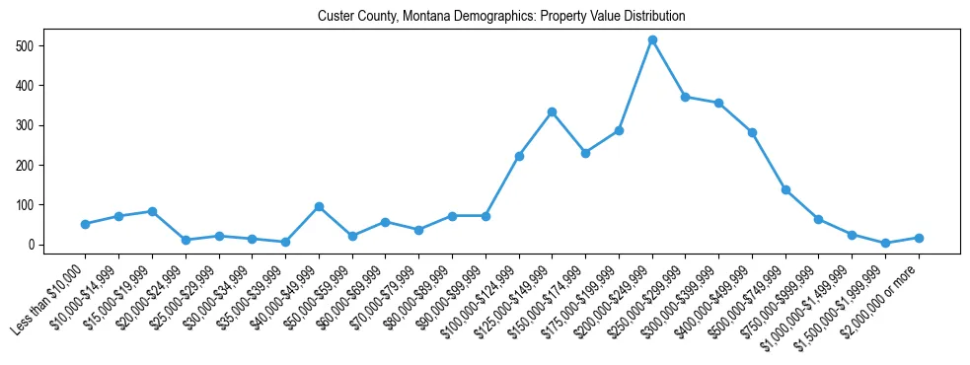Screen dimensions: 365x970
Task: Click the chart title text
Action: click(501, 17)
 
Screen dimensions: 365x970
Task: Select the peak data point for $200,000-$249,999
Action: click(652, 39)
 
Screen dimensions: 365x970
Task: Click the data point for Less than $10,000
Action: click(86, 224)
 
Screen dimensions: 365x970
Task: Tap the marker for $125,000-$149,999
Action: click(553, 111)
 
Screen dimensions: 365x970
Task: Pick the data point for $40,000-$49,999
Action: click(319, 206)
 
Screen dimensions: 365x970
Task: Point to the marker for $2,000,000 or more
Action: click(919, 238)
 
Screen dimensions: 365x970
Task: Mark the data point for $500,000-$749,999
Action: click(785, 189)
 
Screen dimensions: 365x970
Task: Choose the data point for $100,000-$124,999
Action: click(519, 156)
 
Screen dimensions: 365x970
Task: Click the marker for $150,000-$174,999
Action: click(585, 153)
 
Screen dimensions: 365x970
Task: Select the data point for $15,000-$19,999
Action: click(152, 211)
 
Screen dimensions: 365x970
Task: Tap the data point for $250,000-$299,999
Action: click(686, 97)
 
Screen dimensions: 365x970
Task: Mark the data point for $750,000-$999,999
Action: click(819, 219)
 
